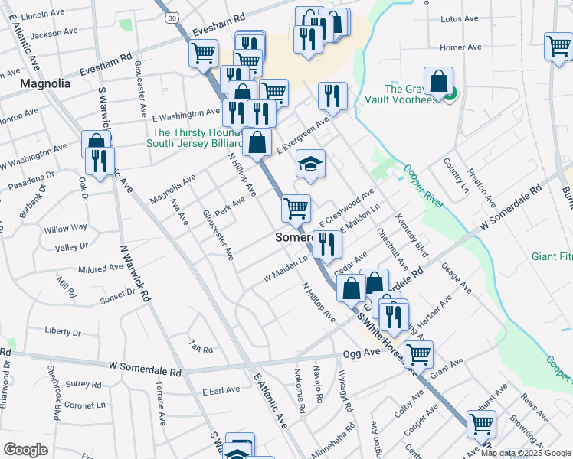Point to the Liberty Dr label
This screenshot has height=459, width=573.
click(63, 331)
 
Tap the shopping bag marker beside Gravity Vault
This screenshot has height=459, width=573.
click(438, 82)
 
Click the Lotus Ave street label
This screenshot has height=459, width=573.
click(460, 19)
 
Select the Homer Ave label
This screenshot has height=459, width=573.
click(460, 47)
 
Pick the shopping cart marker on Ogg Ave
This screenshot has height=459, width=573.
click(418, 354)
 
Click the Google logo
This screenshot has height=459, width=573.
click(25, 450)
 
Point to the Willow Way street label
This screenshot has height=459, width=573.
click(65, 229)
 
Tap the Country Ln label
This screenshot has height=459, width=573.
click(455, 180)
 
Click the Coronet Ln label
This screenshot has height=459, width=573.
click(85, 405)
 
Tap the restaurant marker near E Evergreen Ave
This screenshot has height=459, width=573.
click(332, 96)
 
